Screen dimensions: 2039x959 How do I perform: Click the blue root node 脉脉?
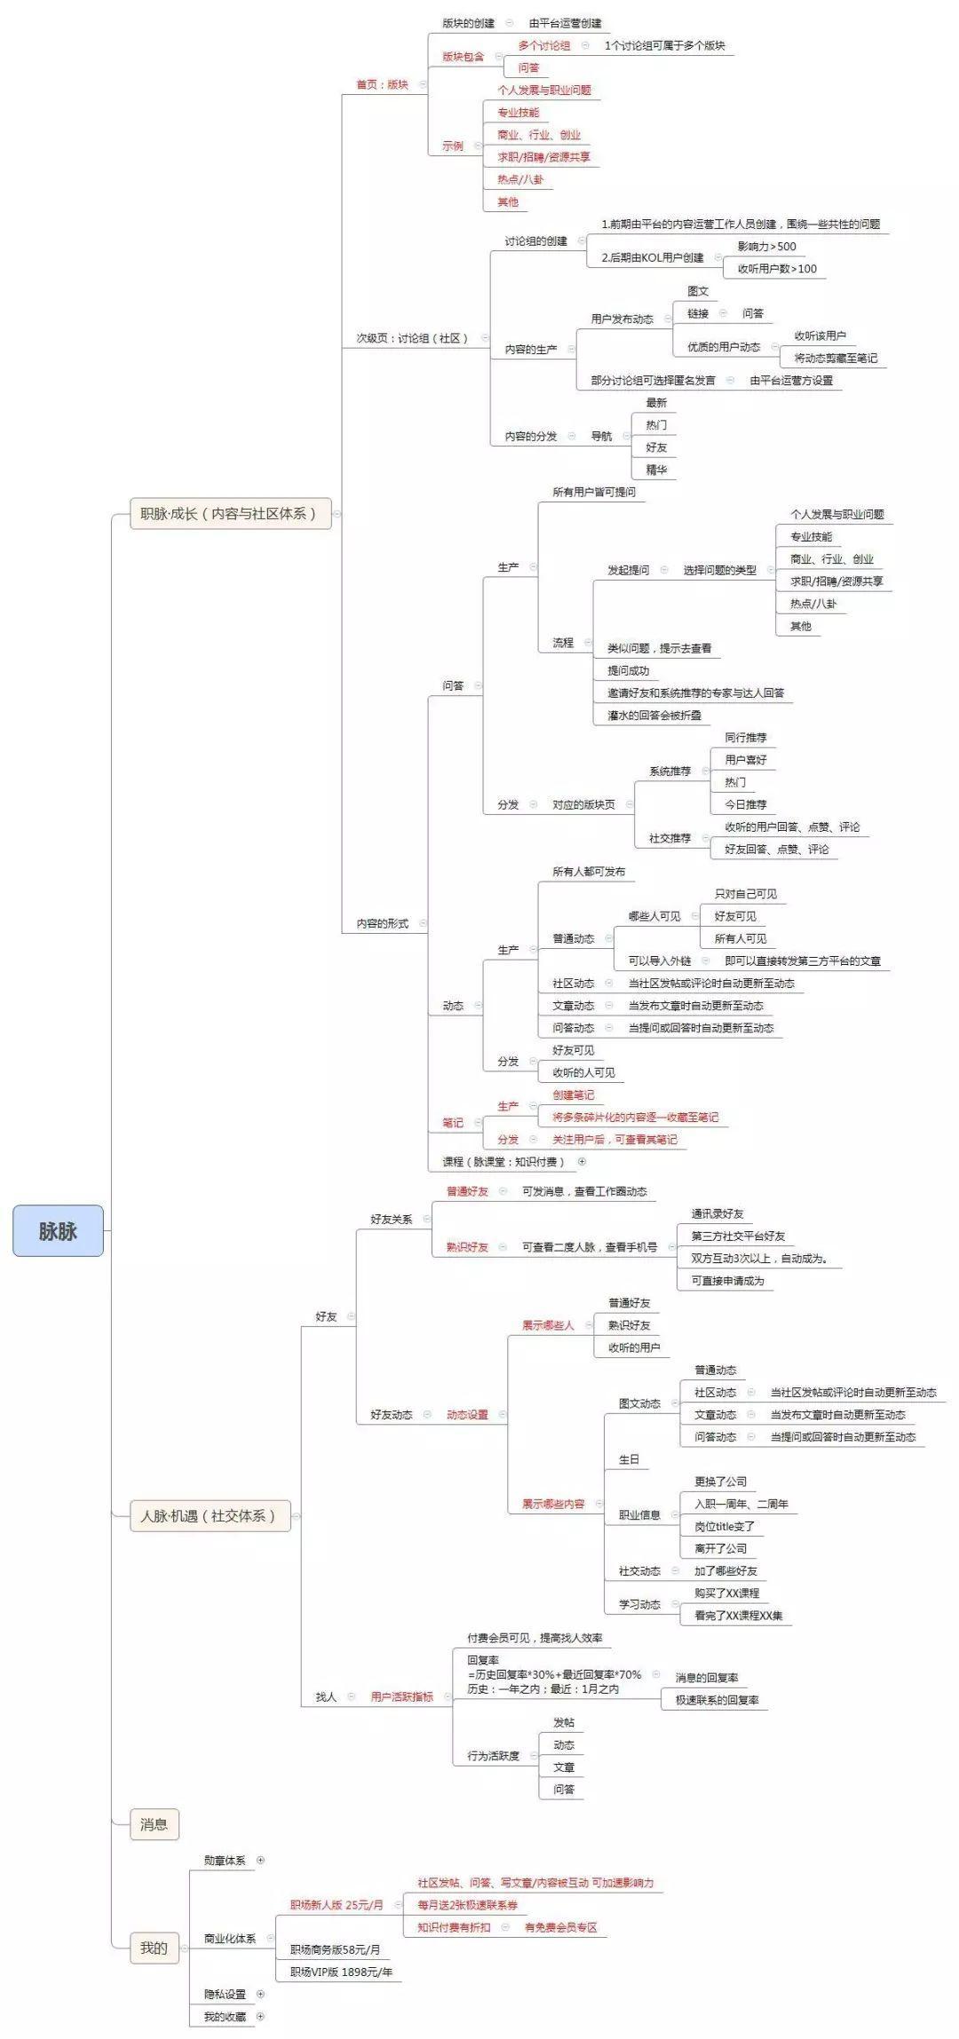(x=58, y=1230)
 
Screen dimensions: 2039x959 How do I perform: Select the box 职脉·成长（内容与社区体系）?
(x=229, y=513)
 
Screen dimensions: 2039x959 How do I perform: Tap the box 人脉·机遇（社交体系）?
(x=208, y=1515)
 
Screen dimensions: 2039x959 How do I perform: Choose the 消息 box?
(x=154, y=1824)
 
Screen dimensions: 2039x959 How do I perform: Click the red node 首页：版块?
(x=382, y=84)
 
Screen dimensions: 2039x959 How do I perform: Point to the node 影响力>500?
(x=766, y=247)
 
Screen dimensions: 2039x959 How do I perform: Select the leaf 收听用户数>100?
(x=777, y=269)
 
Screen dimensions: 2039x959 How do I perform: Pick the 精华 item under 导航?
(x=656, y=470)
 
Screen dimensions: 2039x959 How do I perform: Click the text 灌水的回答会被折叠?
(x=654, y=715)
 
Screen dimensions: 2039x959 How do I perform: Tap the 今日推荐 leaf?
(x=745, y=804)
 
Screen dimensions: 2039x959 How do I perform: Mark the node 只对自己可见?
(x=746, y=894)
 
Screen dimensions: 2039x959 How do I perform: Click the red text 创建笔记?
(x=573, y=1095)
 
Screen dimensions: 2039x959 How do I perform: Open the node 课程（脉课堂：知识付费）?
(x=503, y=1161)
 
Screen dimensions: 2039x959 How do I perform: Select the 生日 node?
(x=629, y=1459)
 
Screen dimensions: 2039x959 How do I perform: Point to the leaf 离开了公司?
(x=720, y=1548)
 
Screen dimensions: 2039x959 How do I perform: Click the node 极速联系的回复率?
(x=717, y=1700)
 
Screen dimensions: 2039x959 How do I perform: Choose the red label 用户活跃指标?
(x=401, y=1696)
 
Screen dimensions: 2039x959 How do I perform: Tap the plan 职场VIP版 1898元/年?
(x=341, y=1972)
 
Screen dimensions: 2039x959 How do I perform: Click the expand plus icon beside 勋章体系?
(x=260, y=1860)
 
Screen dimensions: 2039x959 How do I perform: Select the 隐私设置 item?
(x=225, y=1994)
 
